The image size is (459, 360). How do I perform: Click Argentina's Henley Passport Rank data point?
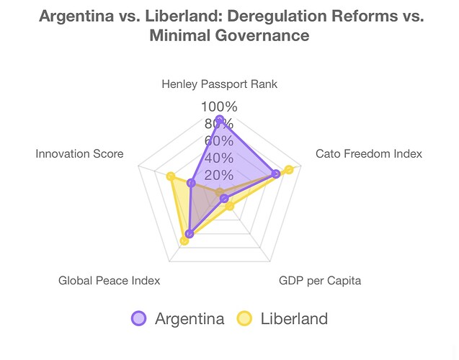click(x=219, y=120)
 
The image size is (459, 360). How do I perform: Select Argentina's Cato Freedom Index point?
click(x=276, y=174)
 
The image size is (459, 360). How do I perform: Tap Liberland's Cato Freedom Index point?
click(x=289, y=169)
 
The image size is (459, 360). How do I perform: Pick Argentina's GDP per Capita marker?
click(x=224, y=198)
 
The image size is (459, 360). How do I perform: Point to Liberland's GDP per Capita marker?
click(x=230, y=207)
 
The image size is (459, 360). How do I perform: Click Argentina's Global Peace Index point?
click(x=190, y=233)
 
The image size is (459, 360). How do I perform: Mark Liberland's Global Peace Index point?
click(x=184, y=240)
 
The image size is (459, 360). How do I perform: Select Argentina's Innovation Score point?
click(x=191, y=183)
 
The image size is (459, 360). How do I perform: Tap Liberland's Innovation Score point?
click(x=171, y=176)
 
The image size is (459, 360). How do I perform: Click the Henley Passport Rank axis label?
click(x=219, y=84)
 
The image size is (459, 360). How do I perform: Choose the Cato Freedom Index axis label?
click(x=369, y=153)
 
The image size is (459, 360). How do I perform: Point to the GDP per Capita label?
click(x=320, y=280)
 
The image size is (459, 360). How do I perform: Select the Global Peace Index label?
click(x=110, y=280)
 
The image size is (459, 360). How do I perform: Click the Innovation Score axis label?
click(x=79, y=153)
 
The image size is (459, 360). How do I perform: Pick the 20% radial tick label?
click(x=219, y=176)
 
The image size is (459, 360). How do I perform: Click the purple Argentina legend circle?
click(x=139, y=318)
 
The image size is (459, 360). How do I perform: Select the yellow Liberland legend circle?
click(x=244, y=318)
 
